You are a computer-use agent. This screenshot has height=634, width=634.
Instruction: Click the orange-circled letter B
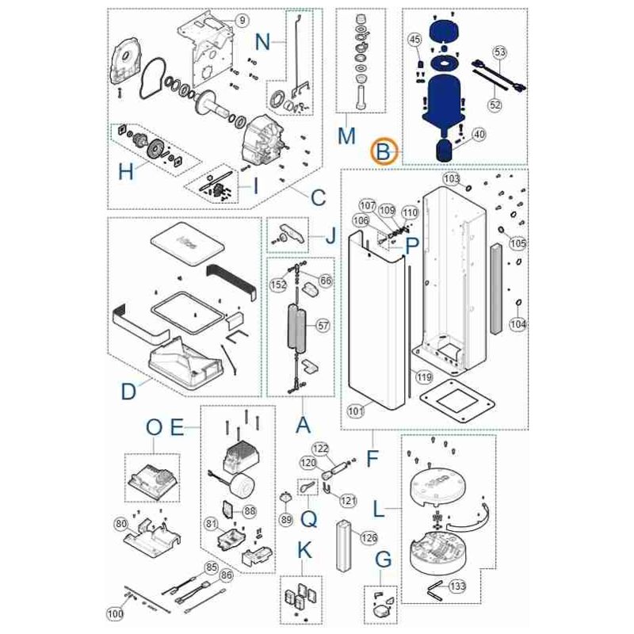pyautogui.click(x=384, y=150)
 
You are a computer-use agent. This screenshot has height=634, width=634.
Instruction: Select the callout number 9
pyautogui.click(x=243, y=19)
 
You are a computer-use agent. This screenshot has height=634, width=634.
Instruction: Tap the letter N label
pyautogui.click(x=262, y=40)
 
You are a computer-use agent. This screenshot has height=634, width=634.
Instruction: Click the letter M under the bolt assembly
pyautogui.click(x=346, y=136)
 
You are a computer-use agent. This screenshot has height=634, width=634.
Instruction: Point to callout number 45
pyautogui.click(x=414, y=40)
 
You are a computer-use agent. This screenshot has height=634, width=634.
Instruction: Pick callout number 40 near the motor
pyautogui.click(x=479, y=135)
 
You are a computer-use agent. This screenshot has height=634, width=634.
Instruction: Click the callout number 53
pyautogui.click(x=499, y=52)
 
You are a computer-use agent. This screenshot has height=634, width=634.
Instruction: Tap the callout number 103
pyautogui.click(x=450, y=180)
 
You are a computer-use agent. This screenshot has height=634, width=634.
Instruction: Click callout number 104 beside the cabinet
pyautogui.click(x=517, y=324)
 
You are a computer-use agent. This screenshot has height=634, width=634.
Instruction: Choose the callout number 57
pyautogui.click(x=323, y=326)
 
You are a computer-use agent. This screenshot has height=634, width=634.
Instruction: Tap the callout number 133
pyautogui.click(x=457, y=586)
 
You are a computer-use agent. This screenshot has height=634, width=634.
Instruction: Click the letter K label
pyautogui.click(x=303, y=548)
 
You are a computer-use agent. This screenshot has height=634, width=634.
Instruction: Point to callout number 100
pyautogui.click(x=116, y=613)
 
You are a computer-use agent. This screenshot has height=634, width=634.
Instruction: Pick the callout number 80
pyautogui.click(x=121, y=524)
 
